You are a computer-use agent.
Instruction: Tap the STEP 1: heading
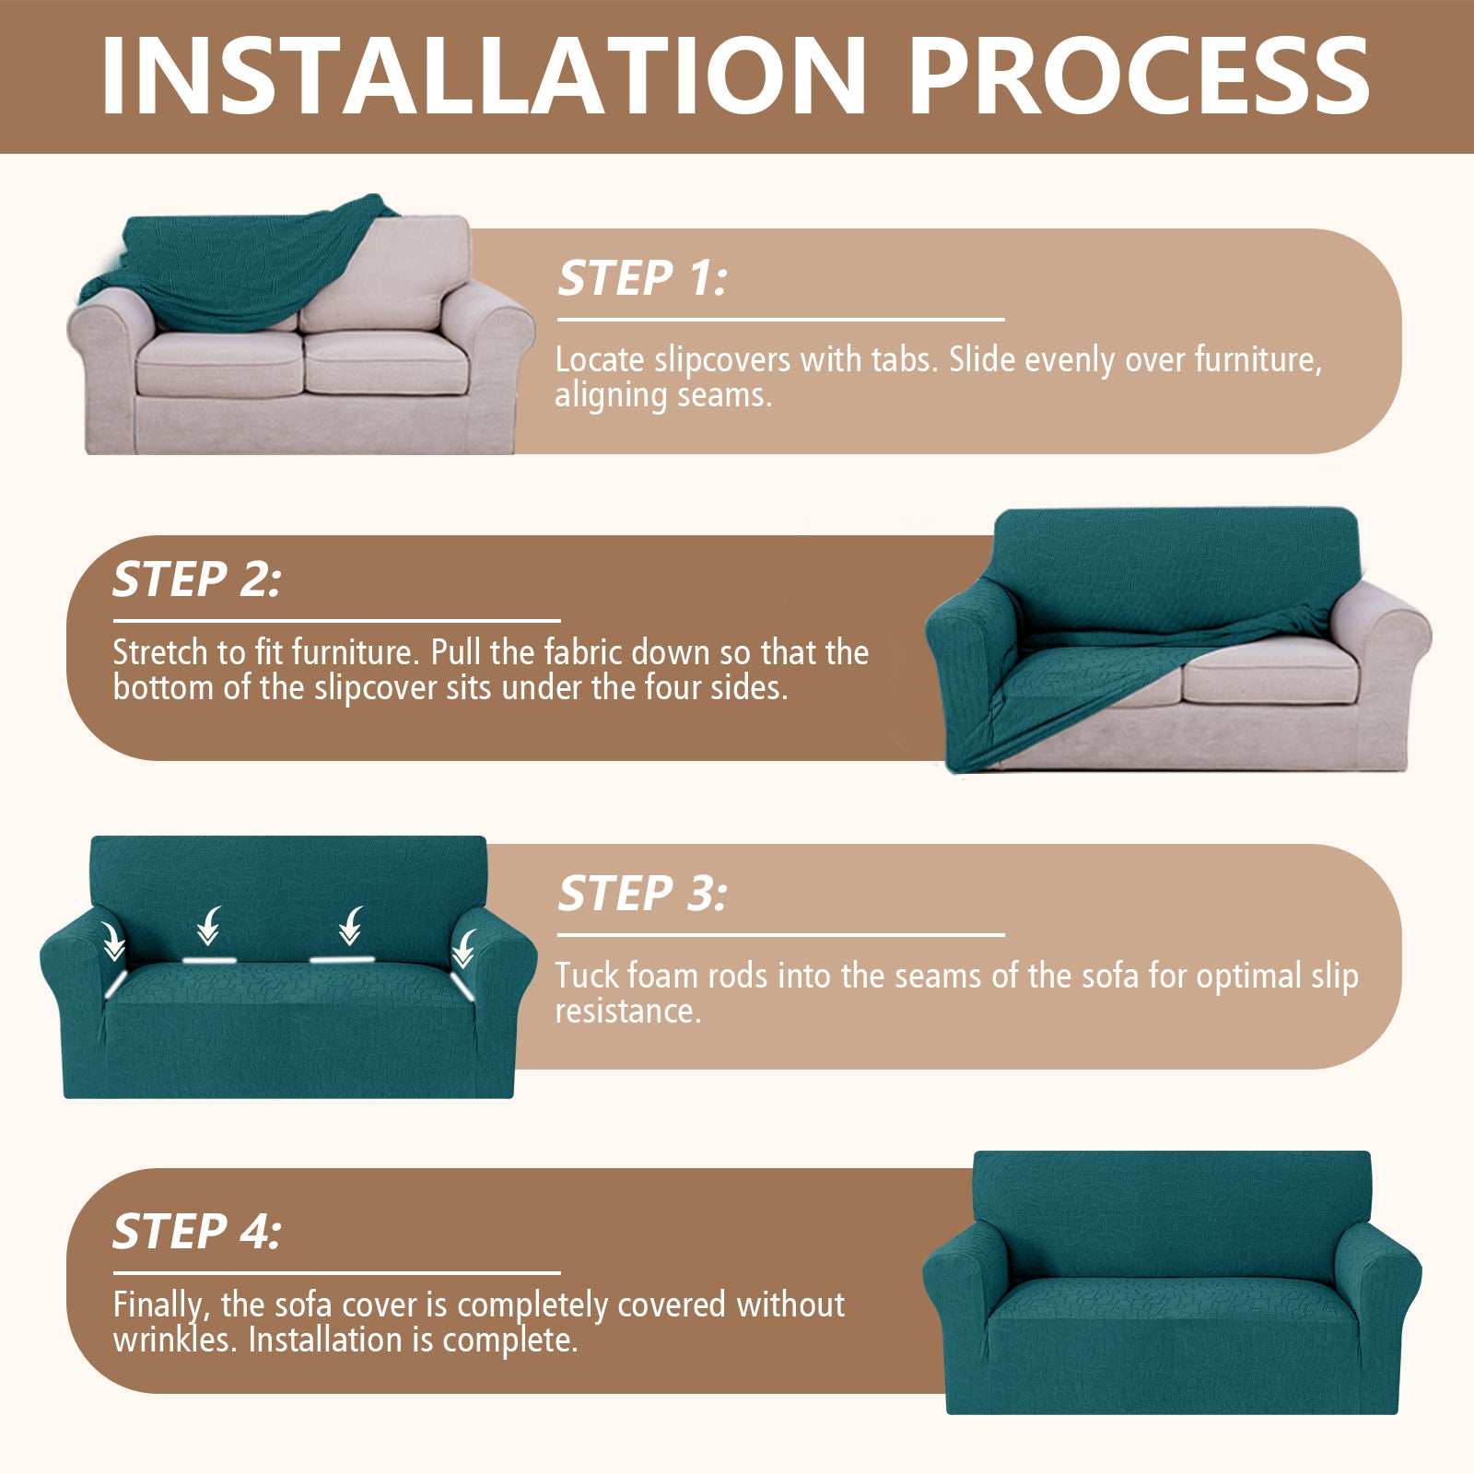point(642,278)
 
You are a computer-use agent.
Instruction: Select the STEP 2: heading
point(196,579)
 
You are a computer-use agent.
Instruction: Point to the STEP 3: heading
point(642,894)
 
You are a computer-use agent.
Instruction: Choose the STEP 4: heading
point(196,1232)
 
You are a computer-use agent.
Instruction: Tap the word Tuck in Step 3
point(587,976)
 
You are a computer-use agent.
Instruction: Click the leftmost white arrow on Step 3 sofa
point(113,942)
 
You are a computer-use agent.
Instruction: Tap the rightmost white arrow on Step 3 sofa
point(463,947)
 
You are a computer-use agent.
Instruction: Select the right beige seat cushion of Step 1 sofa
point(387,364)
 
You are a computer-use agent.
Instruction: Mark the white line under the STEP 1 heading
point(780,320)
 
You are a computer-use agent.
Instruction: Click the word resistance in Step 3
point(627,1012)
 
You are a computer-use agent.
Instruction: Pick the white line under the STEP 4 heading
point(336,1273)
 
